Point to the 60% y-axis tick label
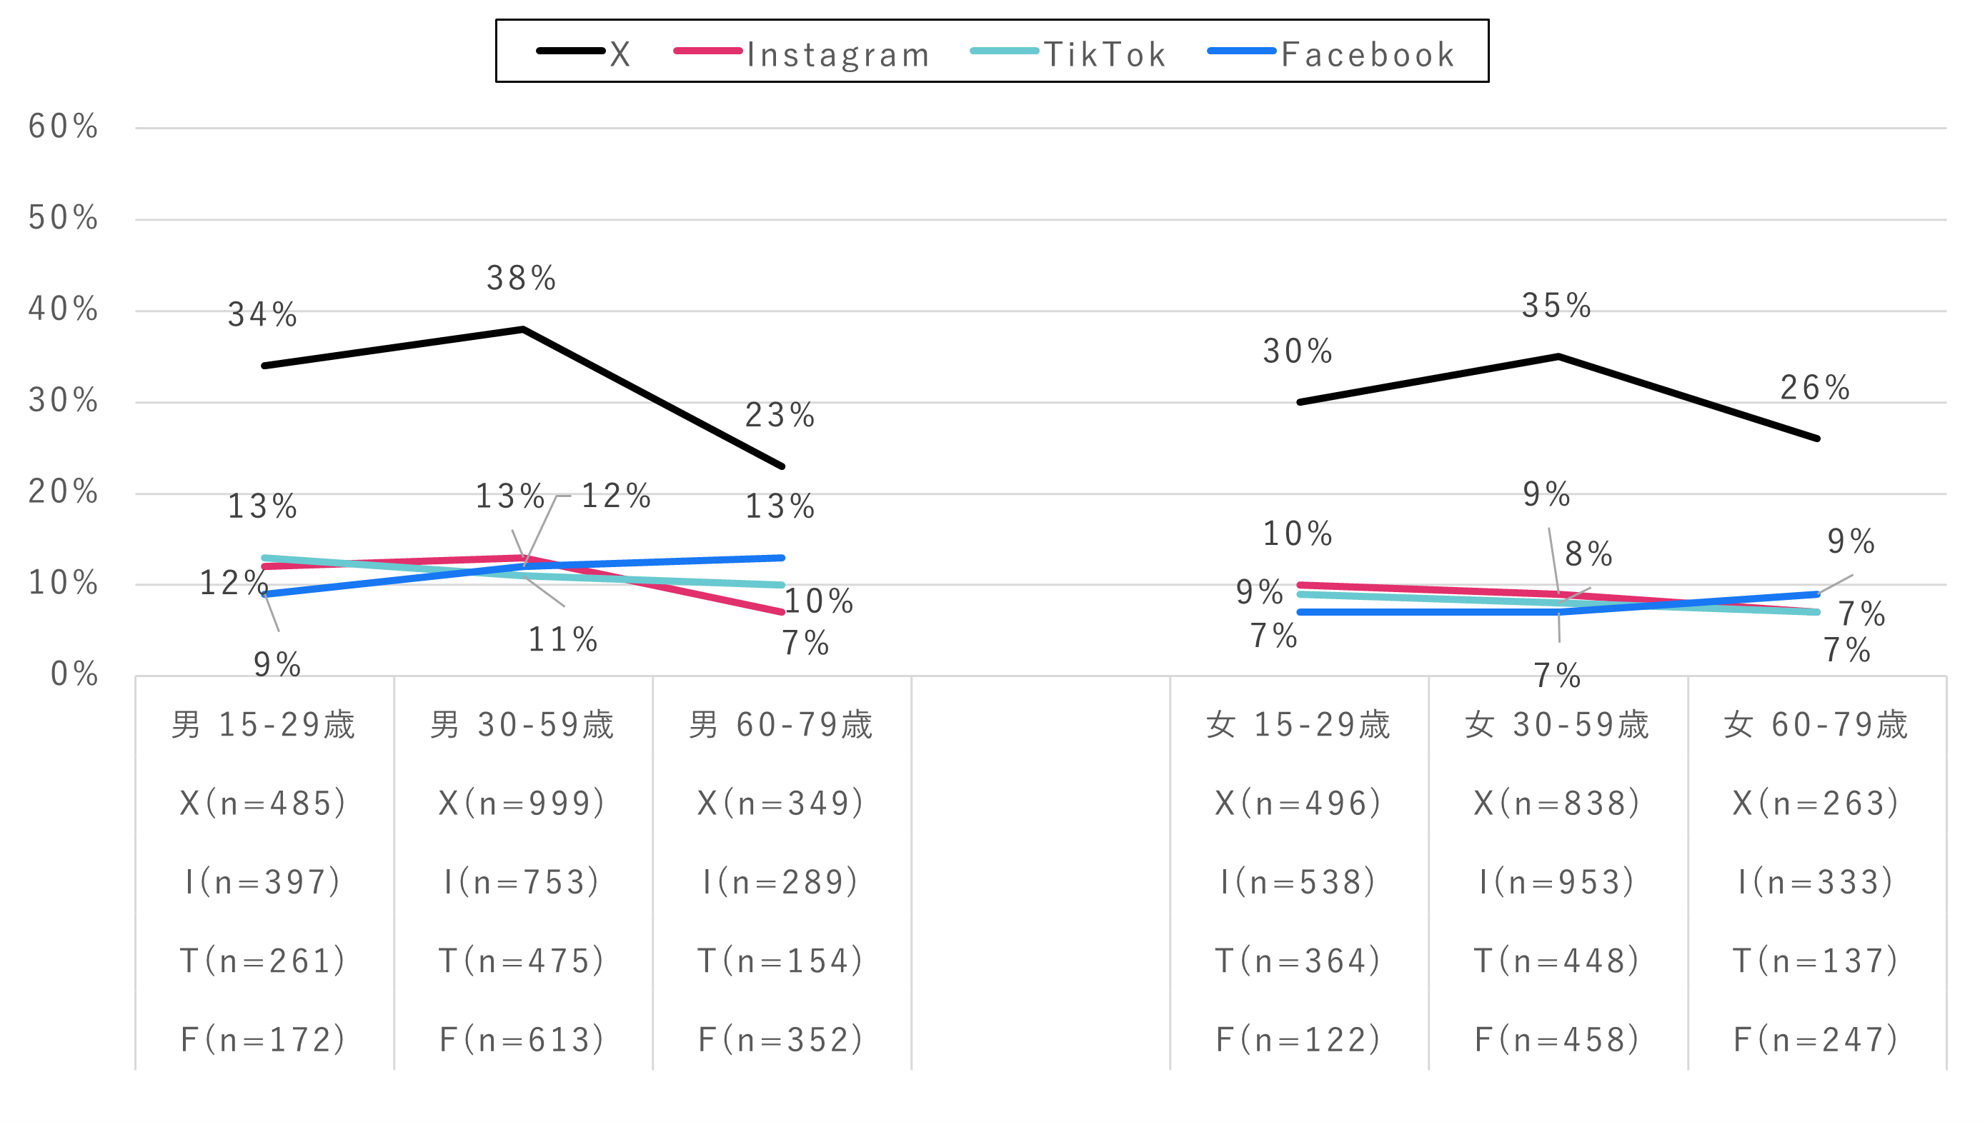tap(63, 126)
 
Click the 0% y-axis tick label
tap(74, 674)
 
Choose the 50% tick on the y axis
tap(63, 218)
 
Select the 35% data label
tap(1556, 306)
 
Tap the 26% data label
tap(1815, 388)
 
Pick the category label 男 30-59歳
tap(522, 725)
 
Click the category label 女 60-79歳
tap(1816, 725)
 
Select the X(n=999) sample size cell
tap(522, 803)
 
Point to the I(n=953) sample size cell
tap(1556, 882)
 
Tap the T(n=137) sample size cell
tap(1816, 961)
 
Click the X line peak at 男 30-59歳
tap(522, 329)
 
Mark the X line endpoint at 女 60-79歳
tap(1817, 439)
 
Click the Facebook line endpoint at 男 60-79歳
tap(782, 557)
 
